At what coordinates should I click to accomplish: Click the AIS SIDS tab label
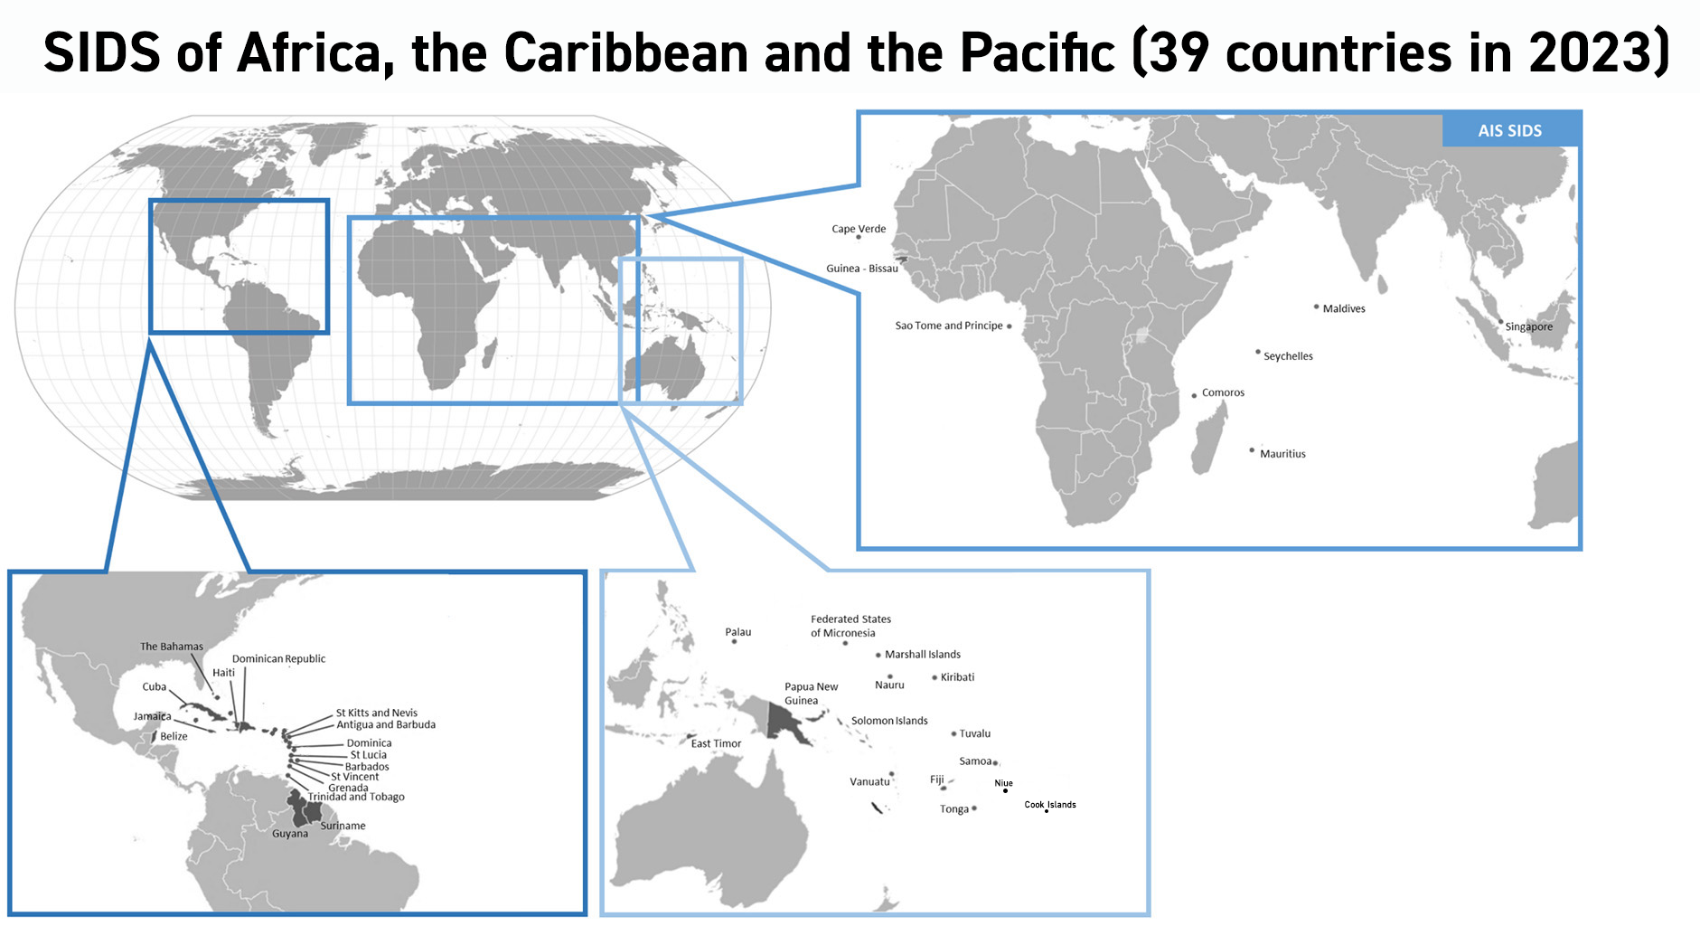[1509, 130]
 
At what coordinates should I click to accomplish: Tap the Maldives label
[1344, 309]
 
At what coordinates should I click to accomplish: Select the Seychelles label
[1288, 356]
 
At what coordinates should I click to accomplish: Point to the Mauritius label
[1282, 454]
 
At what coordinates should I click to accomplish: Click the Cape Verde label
[859, 229]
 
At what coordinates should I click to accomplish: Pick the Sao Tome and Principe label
[949, 326]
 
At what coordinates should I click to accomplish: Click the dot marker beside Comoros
[1194, 395]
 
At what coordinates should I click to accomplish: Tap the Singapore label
[1528, 327]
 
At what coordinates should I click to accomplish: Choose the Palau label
[737, 632]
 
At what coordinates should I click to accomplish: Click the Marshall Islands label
[922, 655]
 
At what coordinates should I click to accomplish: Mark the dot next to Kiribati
[934, 677]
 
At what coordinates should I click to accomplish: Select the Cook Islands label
[1050, 804]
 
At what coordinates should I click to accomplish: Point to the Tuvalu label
[974, 733]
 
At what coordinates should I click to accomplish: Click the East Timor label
[716, 744]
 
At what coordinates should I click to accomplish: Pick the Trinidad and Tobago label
[356, 797]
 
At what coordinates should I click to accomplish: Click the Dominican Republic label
[278, 658]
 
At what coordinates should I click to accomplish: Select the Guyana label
[290, 834]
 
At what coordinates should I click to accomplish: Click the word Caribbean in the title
[625, 52]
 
